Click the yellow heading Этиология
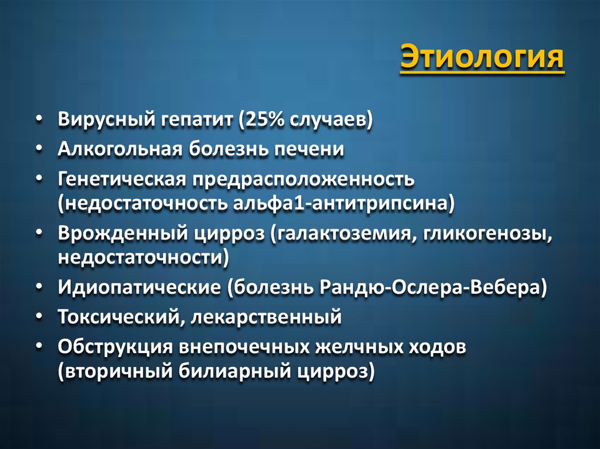pos(482,60)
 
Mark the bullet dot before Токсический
pos(38,317)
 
